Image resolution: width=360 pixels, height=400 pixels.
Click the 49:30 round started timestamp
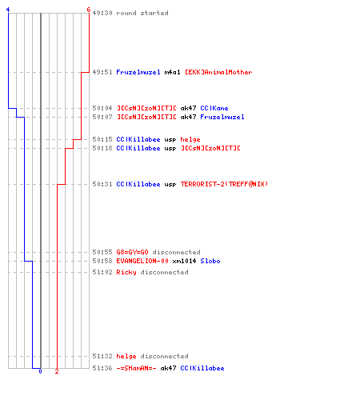click(102, 13)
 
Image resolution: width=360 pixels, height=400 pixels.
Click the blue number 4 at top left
click(8, 10)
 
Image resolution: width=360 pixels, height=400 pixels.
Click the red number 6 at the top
click(89, 10)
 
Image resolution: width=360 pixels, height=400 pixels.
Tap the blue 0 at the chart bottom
click(40, 371)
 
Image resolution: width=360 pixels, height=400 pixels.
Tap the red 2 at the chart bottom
click(57, 371)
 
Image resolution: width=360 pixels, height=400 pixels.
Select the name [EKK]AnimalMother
click(218, 72)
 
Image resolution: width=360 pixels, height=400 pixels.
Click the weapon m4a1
click(172, 72)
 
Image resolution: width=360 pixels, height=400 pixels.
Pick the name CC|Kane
click(214, 108)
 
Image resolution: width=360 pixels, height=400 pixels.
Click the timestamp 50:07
click(102, 117)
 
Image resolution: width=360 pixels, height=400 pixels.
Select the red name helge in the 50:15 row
click(190, 139)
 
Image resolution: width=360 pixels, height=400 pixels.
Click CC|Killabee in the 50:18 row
click(138, 148)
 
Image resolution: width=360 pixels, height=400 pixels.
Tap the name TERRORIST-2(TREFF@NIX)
click(224, 184)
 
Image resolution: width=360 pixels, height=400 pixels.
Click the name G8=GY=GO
click(132, 252)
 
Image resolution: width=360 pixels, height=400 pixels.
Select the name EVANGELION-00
click(142, 261)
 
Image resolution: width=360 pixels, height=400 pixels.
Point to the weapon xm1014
click(184, 261)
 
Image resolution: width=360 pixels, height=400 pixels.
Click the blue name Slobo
click(210, 261)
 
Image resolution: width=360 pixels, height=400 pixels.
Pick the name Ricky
click(126, 272)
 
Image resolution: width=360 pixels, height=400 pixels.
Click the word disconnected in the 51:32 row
click(164, 356)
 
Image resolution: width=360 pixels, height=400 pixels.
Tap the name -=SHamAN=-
click(136, 368)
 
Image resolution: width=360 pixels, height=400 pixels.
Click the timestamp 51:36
click(102, 368)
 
